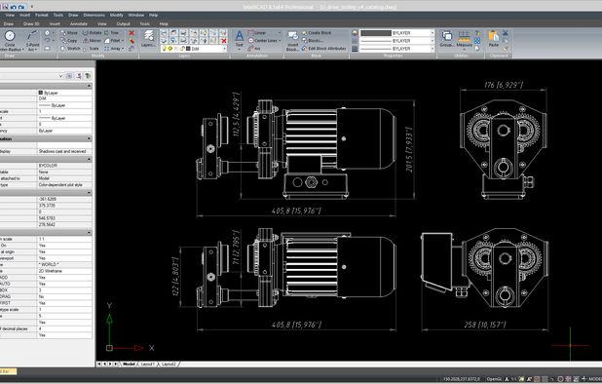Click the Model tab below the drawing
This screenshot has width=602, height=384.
pos(129,363)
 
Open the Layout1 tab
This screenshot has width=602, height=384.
pos(147,363)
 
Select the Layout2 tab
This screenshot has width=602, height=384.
pos(169,363)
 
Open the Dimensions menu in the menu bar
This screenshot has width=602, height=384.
pos(94,16)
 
